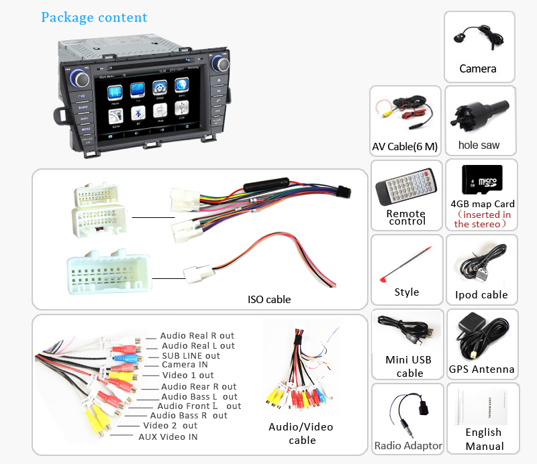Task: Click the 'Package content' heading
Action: [x=94, y=17]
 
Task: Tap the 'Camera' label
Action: [x=478, y=68]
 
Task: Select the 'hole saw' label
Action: [x=479, y=145]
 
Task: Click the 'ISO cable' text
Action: [x=268, y=299]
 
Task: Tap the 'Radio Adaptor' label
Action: [x=408, y=445]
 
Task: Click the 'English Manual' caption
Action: [x=484, y=439]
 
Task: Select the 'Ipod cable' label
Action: [x=481, y=294]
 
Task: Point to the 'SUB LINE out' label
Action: [x=191, y=355]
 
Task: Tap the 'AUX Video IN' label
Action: [x=168, y=437]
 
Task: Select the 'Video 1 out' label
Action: [x=187, y=375]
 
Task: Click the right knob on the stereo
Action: [x=221, y=64]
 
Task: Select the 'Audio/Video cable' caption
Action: [x=301, y=433]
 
